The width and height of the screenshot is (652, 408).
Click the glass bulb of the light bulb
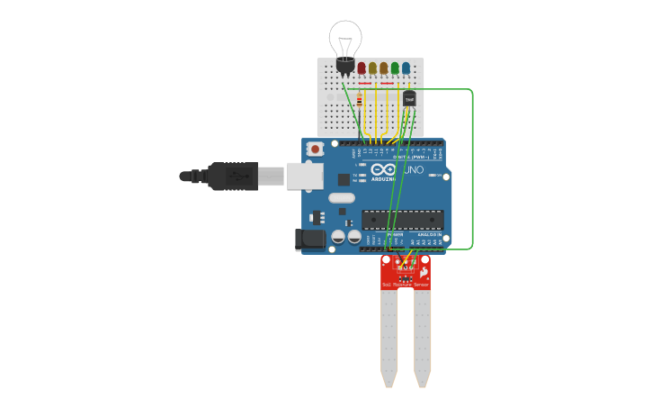tap(345, 38)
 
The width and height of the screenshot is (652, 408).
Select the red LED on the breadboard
tap(362, 68)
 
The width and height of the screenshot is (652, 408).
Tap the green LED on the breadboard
tap(395, 68)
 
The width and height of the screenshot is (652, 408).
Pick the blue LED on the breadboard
tap(406, 68)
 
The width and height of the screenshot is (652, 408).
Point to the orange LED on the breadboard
tap(384, 68)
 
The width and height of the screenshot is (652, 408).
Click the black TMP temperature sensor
tap(409, 98)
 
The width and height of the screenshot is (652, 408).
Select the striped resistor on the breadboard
tap(361, 101)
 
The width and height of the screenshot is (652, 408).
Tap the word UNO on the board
tap(413, 169)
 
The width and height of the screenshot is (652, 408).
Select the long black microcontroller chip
tap(402, 220)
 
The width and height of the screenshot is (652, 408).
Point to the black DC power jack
tap(310, 240)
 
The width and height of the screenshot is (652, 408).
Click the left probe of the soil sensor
tap(389, 333)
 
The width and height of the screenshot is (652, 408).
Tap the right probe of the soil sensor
tap(422, 333)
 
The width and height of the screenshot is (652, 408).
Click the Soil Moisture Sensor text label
tap(406, 285)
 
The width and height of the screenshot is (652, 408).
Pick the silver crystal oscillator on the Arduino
tap(342, 197)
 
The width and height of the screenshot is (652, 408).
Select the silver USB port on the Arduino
tap(305, 176)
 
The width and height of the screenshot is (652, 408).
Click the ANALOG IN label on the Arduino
tap(429, 234)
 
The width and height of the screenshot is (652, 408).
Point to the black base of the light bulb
tap(344, 64)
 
